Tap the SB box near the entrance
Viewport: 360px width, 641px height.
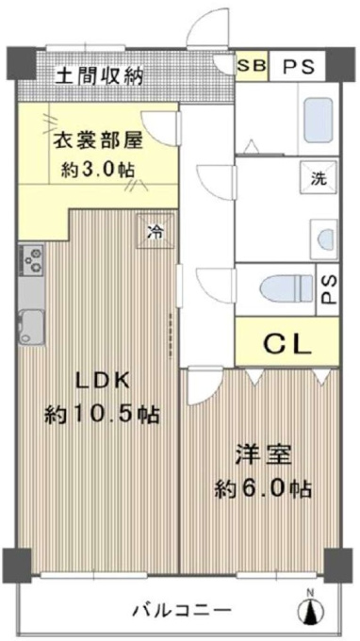point(252,65)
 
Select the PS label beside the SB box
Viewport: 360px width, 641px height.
point(299,66)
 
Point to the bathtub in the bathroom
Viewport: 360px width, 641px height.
point(319,120)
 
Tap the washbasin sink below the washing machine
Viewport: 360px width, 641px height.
point(324,239)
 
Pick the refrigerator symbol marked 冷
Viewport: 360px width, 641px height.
point(155,231)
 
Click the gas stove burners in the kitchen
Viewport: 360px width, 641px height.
point(31,260)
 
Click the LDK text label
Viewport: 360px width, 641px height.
point(103,382)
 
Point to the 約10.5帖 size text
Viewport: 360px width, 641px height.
point(102,414)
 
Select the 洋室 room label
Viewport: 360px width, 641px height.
point(264,456)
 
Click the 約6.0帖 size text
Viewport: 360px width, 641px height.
point(264,488)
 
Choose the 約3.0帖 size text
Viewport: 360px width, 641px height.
point(98,169)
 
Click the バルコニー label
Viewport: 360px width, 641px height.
point(180,611)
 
